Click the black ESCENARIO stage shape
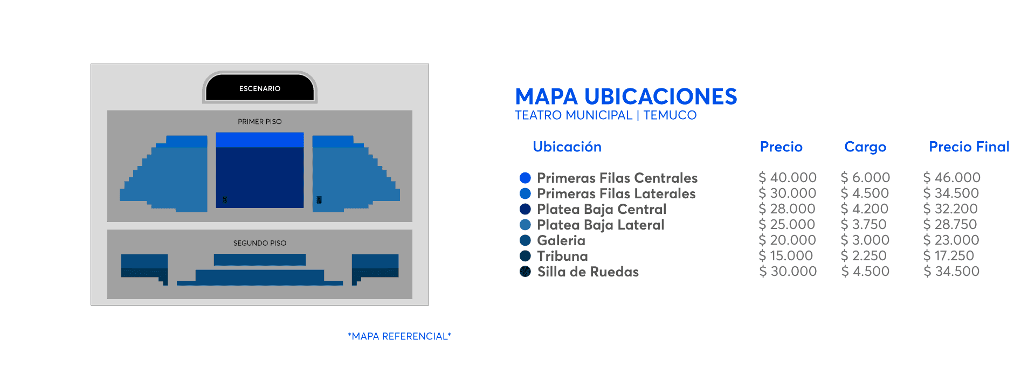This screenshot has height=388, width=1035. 260,87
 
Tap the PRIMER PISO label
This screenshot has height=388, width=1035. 260,122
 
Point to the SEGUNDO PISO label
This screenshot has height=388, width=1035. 260,243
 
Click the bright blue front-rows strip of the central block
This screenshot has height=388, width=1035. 260,140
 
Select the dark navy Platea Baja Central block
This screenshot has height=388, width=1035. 260,177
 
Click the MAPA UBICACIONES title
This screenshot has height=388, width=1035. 626,97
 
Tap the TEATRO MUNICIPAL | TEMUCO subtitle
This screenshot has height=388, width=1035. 605,115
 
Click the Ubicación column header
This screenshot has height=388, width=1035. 567,147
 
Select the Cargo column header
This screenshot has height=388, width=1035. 865,147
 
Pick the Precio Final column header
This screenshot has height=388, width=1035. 969,147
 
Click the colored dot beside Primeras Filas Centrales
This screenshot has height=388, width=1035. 525,178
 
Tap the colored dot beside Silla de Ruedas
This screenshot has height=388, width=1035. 525,272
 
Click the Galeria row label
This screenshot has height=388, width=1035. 561,240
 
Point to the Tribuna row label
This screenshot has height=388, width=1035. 562,256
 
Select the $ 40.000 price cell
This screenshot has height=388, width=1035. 788,177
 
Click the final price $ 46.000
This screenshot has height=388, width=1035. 952,177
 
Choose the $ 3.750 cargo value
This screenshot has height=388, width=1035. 864,224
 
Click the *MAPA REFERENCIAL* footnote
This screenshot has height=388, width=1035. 399,336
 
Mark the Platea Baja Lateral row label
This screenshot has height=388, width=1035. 601,225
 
